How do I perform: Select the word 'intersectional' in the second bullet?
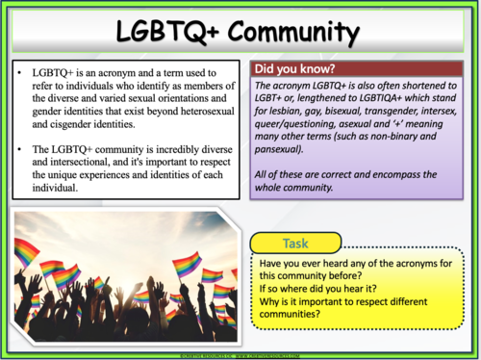[76, 163]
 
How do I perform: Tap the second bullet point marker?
[21, 149]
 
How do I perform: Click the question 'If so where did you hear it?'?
[318, 285]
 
